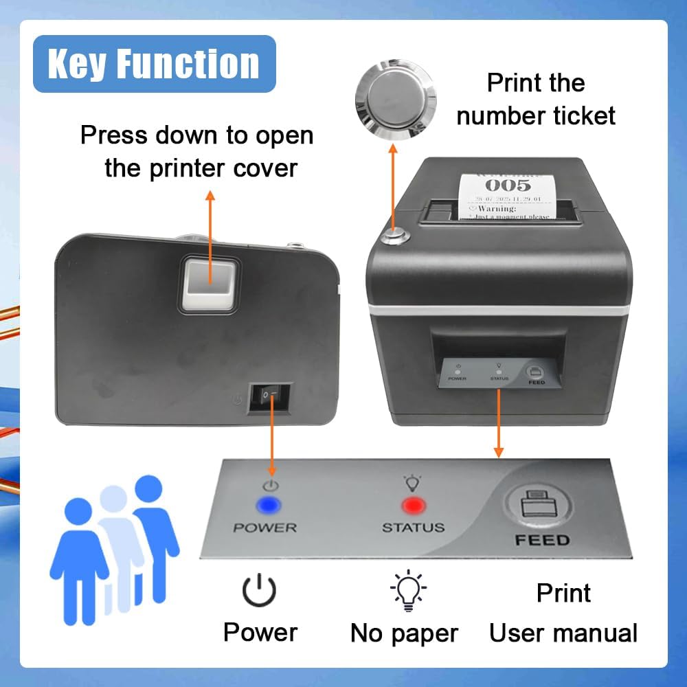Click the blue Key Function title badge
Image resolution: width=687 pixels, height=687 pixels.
coord(154,64)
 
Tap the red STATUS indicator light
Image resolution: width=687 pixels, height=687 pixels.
coord(414,506)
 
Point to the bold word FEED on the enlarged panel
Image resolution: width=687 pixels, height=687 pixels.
coord(542,541)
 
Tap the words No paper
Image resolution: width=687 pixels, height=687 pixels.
coord(404,633)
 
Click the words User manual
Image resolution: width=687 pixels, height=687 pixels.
coord(563,633)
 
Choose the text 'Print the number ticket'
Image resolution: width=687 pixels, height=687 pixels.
coord(536,100)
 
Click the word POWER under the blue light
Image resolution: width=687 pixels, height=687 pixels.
coord(264,528)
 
